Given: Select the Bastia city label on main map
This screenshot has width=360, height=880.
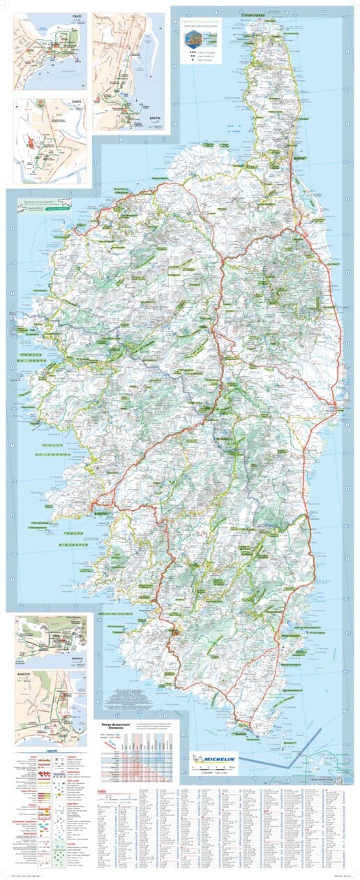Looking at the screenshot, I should [300, 159].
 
